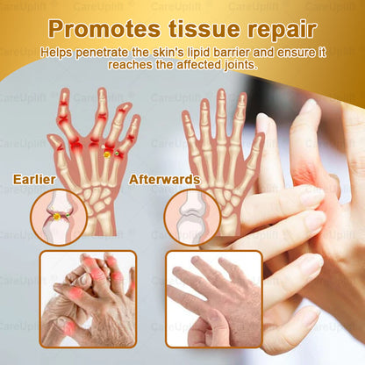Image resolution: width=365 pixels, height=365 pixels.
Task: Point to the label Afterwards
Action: point(164,180)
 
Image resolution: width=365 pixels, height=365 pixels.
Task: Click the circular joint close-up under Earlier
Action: point(58,215)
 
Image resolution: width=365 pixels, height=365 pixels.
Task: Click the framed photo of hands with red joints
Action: point(88,297)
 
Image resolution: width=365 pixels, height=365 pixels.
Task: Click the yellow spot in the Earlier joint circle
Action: point(57,216)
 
